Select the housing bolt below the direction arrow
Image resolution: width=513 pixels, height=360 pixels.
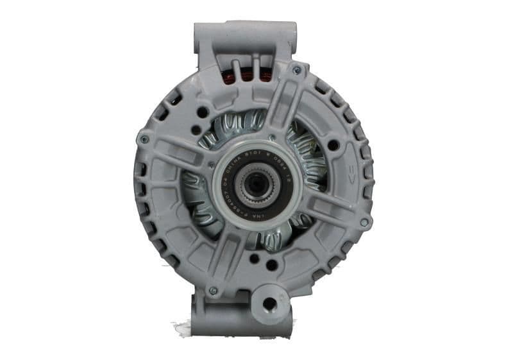(x=364, y=221)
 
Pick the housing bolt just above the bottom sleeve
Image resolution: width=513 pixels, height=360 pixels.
(x=213, y=290)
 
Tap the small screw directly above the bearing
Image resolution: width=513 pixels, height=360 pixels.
(x=273, y=137)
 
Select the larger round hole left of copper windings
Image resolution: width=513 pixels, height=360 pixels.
(x=203, y=111)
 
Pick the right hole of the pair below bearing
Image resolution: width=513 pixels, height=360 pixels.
(x=272, y=264)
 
